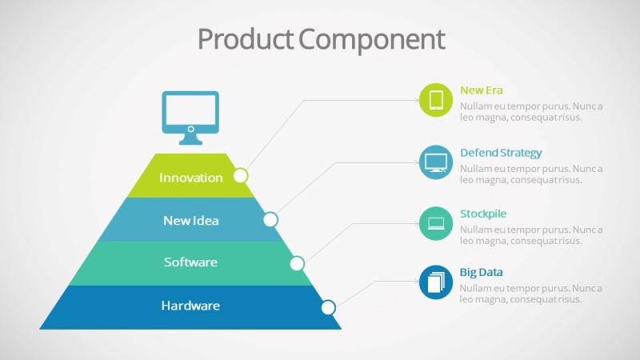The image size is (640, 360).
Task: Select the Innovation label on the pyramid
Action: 191,178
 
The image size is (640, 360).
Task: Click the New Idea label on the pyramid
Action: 191,220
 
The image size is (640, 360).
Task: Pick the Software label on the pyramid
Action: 191,262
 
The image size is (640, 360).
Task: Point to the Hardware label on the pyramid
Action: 190,306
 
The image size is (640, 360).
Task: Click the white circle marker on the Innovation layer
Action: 241,175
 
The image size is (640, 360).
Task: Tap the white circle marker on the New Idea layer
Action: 270,219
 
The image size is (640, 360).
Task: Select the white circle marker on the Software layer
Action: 297,263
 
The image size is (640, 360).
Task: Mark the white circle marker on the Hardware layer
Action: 328,307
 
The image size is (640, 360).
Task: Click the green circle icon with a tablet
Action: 436,100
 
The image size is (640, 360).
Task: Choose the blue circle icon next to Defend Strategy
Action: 436,162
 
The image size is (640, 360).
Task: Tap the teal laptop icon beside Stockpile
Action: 436,222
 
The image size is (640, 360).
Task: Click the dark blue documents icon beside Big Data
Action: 436,282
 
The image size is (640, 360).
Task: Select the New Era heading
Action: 482,90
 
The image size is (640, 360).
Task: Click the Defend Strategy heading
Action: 501,153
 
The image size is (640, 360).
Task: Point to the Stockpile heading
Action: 483,214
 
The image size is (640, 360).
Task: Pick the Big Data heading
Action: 481,273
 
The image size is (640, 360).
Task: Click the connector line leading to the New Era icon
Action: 360,101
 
